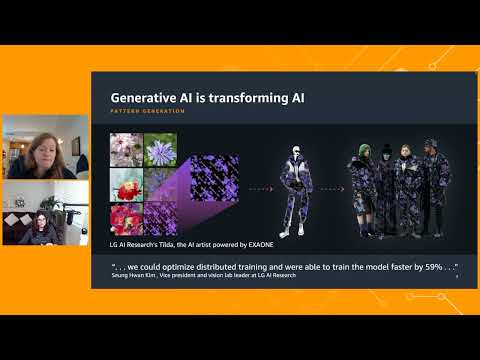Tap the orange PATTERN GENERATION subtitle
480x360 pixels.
coord(147,111)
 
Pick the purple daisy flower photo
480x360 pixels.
coord(161,151)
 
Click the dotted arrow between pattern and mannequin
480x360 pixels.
coord(261,187)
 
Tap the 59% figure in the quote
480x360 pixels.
coord(422,266)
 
